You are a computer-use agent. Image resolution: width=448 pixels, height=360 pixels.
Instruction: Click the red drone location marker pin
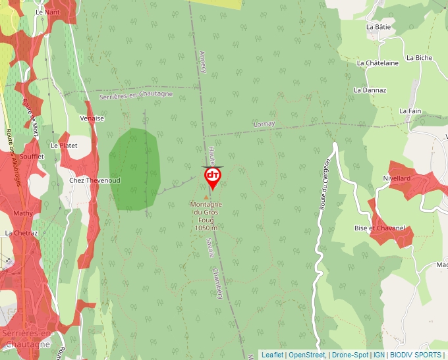click(212, 177)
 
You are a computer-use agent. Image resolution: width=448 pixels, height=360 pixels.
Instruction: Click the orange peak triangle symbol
click(206, 197)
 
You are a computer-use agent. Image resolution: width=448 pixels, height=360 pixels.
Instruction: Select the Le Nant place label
click(48, 12)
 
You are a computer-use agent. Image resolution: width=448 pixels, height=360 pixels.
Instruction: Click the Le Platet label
click(64, 145)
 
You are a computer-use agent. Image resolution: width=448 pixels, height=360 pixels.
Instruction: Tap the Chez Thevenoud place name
click(95, 180)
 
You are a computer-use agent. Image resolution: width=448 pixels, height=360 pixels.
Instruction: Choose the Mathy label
click(23, 213)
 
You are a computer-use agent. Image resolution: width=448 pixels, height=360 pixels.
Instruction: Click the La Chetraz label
click(21, 233)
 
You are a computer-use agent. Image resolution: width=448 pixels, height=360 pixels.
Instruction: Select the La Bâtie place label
click(378, 27)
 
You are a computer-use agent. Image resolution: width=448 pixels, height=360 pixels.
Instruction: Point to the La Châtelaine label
click(378, 63)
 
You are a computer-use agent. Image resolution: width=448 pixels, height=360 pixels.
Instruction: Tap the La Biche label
click(419, 58)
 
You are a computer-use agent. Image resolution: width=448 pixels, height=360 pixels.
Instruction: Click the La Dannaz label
click(370, 90)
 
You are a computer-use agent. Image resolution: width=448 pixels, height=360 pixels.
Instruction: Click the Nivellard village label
click(397, 178)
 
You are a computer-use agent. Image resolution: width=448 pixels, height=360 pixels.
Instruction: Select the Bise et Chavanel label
click(379, 228)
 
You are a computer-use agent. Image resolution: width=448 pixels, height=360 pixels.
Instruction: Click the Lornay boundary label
click(264, 124)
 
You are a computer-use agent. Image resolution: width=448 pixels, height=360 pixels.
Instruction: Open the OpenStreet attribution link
click(307, 355)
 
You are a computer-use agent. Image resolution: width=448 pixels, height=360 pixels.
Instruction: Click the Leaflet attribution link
click(272, 355)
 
